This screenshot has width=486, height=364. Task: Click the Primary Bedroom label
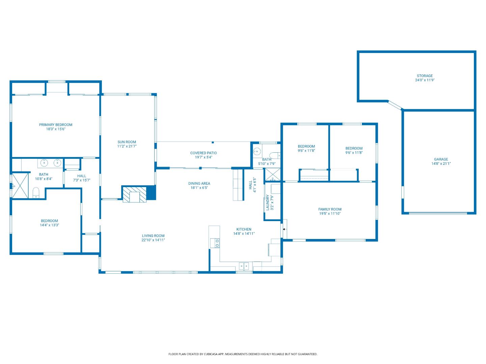pyautogui.click(x=56, y=125)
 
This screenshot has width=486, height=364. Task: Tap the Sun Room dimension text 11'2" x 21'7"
pyautogui.click(x=127, y=146)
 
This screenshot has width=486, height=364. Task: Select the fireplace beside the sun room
pyautogui.click(x=135, y=194)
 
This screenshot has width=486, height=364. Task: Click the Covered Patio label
pyautogui.click(x=204, y=153)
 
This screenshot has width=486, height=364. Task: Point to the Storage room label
pyautogui.click(x=425, y=76)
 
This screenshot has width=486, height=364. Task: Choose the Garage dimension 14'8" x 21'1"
pyautogui.click(x=441, y=164)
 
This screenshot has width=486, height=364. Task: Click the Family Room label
pyautogui.click(x=330, y=209)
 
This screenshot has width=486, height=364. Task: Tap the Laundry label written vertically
pyautogui.click(x=268, y=202)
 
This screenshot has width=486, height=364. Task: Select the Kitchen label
pyautogui.click(x=244, y=229)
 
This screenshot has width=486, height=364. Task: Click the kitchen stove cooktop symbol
pyautogui.click(x=215, y=243)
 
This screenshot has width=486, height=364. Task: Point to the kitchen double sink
pyautogui.click(x=244, y=266)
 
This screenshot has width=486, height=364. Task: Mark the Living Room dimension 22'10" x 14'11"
pyautogui.click(x=153, y=240)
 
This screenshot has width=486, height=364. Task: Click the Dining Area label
pyautogui.click(x=199, y=184)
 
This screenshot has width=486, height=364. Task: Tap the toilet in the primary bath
pyautogui.click(x=36, y=193)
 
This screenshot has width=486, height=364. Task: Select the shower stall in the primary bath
pyautogui.click(x=20, y=185)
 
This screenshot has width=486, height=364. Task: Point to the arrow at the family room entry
pyautogui.click(x=284, y=229)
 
